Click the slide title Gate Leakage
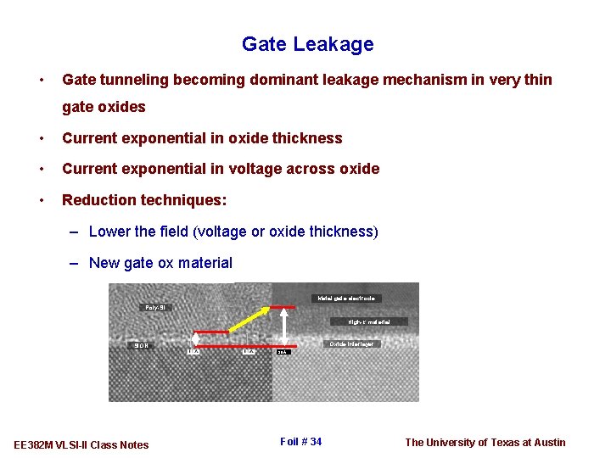pyautogui.click(x=307, y=44)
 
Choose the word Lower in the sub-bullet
pyautogui.click(x=109, y=232)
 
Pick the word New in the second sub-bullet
pyautogui.click(x=104, y=263)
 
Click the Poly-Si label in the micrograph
pyautogui.click(x=157, y=307)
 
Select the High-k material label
pyautogui.click(x=368, y=322)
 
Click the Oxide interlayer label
pyautogui.click(x=351, y=344)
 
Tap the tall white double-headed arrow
pyautogui.click(x=283, y=326)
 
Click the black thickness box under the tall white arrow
pyautogui.click(x=283, y=352)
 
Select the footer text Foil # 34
pyautogui.click(x=300, y=442)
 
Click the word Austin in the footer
pyautogui.click(x=548, y=442)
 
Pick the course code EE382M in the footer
pyautogui.click(x=35, y=445)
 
